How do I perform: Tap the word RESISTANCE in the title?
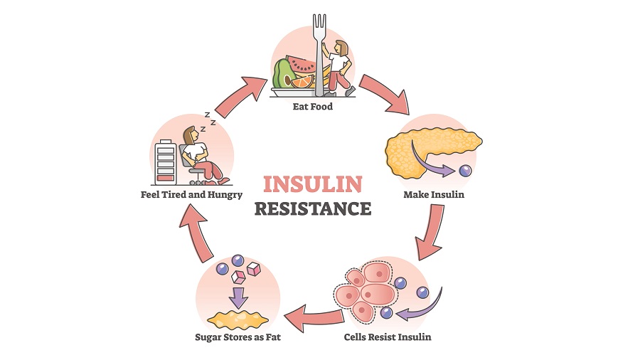(312, 208)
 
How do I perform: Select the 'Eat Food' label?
(312, 107)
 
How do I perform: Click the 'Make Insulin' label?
(433, 194)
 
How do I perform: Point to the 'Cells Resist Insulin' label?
(387, 337)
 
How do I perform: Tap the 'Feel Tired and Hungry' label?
(191, 194)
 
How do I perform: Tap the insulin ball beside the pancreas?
(465, 171)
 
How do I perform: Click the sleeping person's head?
(191, 134)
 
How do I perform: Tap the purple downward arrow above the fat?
(237, 296)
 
